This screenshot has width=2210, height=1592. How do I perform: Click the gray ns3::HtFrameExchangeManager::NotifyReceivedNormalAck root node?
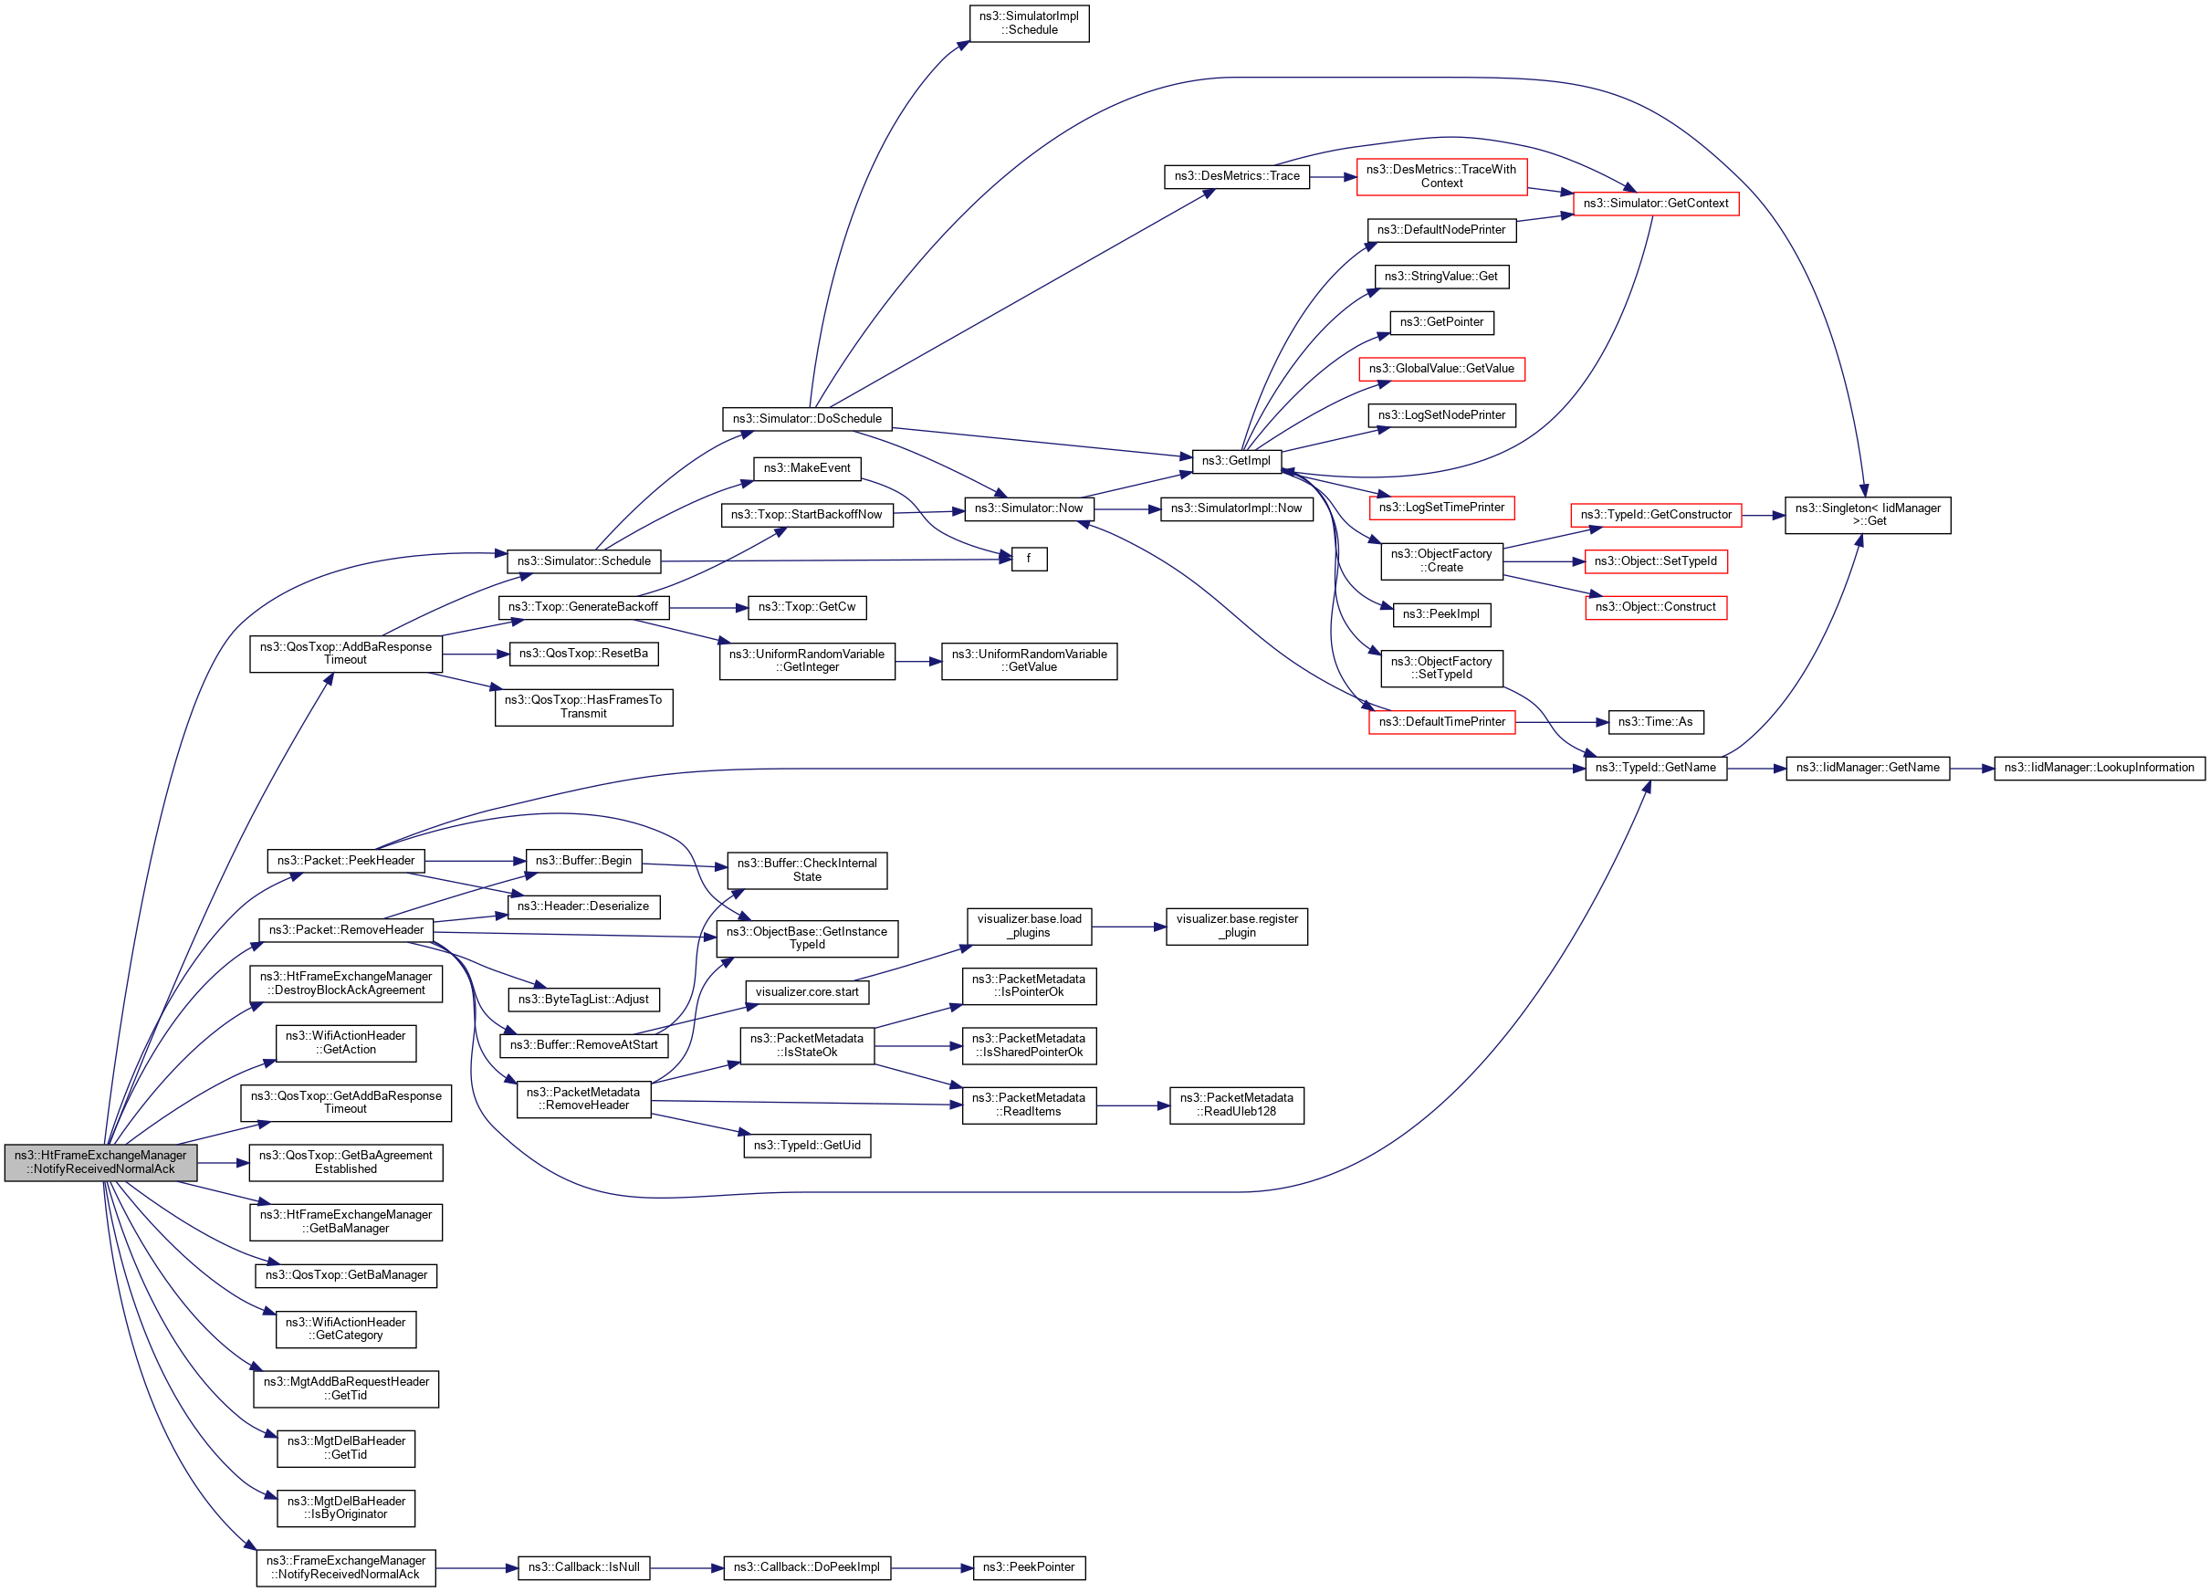pos(100,1162)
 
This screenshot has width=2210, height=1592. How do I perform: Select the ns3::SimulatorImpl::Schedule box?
pos(1029,24)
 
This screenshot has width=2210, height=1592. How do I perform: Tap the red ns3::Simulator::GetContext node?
pos(1655,204)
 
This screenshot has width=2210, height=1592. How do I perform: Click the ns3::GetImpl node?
pos(1236,461)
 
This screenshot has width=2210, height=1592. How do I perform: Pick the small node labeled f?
pos(1028,560)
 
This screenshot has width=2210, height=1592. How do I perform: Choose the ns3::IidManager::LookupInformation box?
pos(2099,768)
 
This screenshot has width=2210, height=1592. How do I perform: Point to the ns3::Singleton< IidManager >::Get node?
pos(1867,515)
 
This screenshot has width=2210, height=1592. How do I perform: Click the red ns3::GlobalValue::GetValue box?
pos(1441,370)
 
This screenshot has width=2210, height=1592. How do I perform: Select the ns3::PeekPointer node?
pos(1028,1567)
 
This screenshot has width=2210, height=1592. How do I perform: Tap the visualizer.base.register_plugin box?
pos(1237,926)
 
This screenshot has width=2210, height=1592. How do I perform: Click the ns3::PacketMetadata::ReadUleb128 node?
pos(1237,1105)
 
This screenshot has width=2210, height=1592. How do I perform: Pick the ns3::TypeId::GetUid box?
pos(807,1146)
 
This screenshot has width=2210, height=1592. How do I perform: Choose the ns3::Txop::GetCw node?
pos(807,607)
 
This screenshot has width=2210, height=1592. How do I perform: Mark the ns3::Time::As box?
pos(1655,722)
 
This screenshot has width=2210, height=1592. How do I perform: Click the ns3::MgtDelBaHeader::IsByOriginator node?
pos(346,1508)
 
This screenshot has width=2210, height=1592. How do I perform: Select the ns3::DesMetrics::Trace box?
pos(1237,176)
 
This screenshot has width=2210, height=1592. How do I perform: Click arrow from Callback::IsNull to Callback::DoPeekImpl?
pos(687,1567)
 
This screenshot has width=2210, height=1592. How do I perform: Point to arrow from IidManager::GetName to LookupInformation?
pos(1971,768)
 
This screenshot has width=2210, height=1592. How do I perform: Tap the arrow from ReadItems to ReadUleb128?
pos(1132,1105)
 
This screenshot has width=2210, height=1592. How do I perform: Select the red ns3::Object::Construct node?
pos(1655,607)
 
